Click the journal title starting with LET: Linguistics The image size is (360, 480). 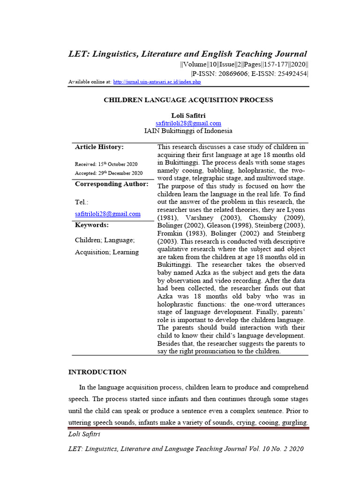(188, 54)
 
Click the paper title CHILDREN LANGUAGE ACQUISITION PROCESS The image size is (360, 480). (188, 100)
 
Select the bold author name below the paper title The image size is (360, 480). (188, 115)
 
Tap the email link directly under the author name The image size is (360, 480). (188, 123)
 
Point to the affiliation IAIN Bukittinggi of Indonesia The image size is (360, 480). (188, 131)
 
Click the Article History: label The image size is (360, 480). (99, 147)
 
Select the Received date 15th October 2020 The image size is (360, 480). (106, 164)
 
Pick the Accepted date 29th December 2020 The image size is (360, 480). (108, 173)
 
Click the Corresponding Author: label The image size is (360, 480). (112, 184)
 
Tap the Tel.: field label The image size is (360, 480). (82, 202)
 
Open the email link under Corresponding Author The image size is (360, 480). (107, 214)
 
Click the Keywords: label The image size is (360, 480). (91, 225)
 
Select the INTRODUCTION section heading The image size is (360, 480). (97, 372)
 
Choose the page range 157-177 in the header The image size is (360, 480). (270, 65)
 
